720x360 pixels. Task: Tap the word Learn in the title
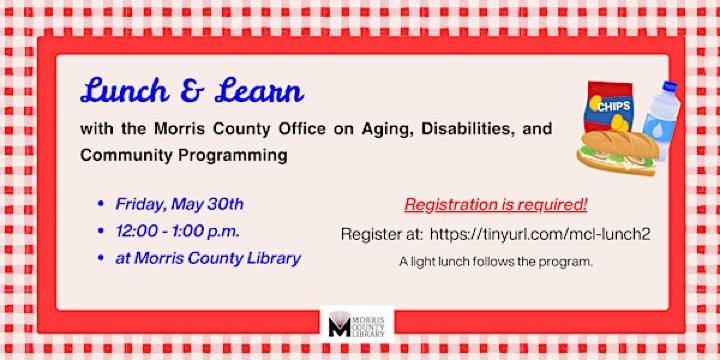pos(255,92)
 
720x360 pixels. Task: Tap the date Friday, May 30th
pos(180,205)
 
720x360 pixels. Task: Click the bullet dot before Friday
pos(100,205)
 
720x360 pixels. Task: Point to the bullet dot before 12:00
pos(100,231)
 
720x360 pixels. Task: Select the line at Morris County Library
pos(208,258)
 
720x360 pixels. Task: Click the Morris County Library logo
pos(360,324)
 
